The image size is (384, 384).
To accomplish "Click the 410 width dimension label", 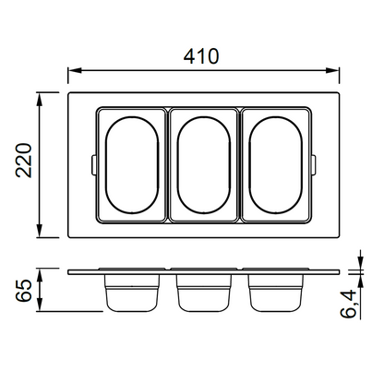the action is pyautogui.click(x=201, y=56).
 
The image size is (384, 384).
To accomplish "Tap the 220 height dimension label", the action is pyautogui.click(x=24, y=161).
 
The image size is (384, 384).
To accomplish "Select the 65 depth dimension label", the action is pyautogui.click(x=24, y=291).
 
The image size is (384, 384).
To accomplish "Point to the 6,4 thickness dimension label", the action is pyautogui.click(x=350, y=304).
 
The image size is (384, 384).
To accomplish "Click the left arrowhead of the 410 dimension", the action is pyautogui.click(x=75, y=70).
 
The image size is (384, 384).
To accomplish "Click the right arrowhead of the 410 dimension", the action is pyautogui.click(x=332, y=70).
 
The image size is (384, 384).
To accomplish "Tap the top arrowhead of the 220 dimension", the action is pyautogui.click(x=39, y=99).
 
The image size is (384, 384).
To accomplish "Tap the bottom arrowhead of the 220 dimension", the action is pyautogui.click(x=39, y=231).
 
